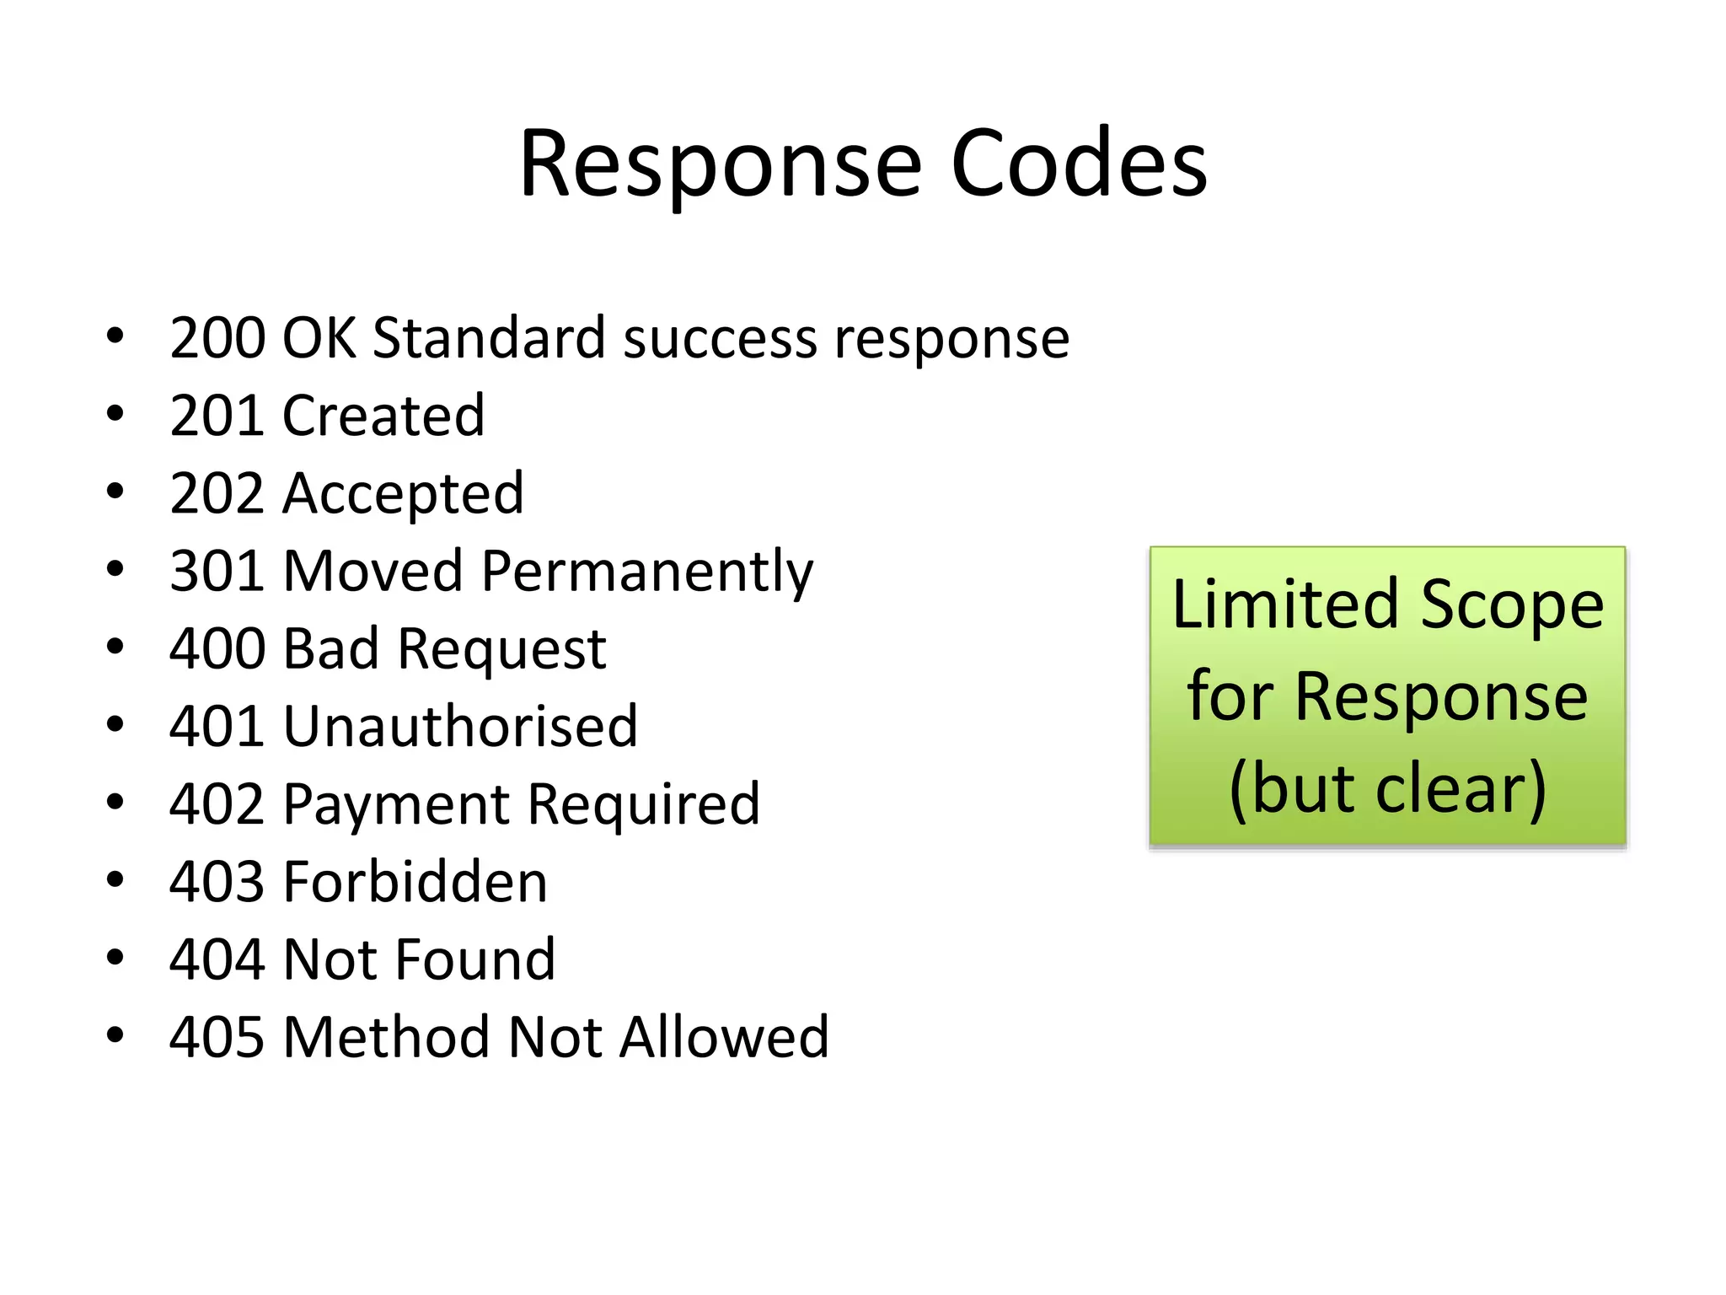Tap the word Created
(x=384, y=416)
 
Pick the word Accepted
(x=404, y=494)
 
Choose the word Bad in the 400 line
(x=331, y=649)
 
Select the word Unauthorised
(x=461, y=727)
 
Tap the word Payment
(x=395, y=805)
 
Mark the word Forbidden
(x=415, y=883)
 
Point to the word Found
(x=475, y=960)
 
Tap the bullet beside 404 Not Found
(x=115, y=958)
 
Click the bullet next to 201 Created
(x=115, y=414)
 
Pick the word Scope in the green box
(x=1512, y=605)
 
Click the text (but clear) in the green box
(x=1388, y=789)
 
